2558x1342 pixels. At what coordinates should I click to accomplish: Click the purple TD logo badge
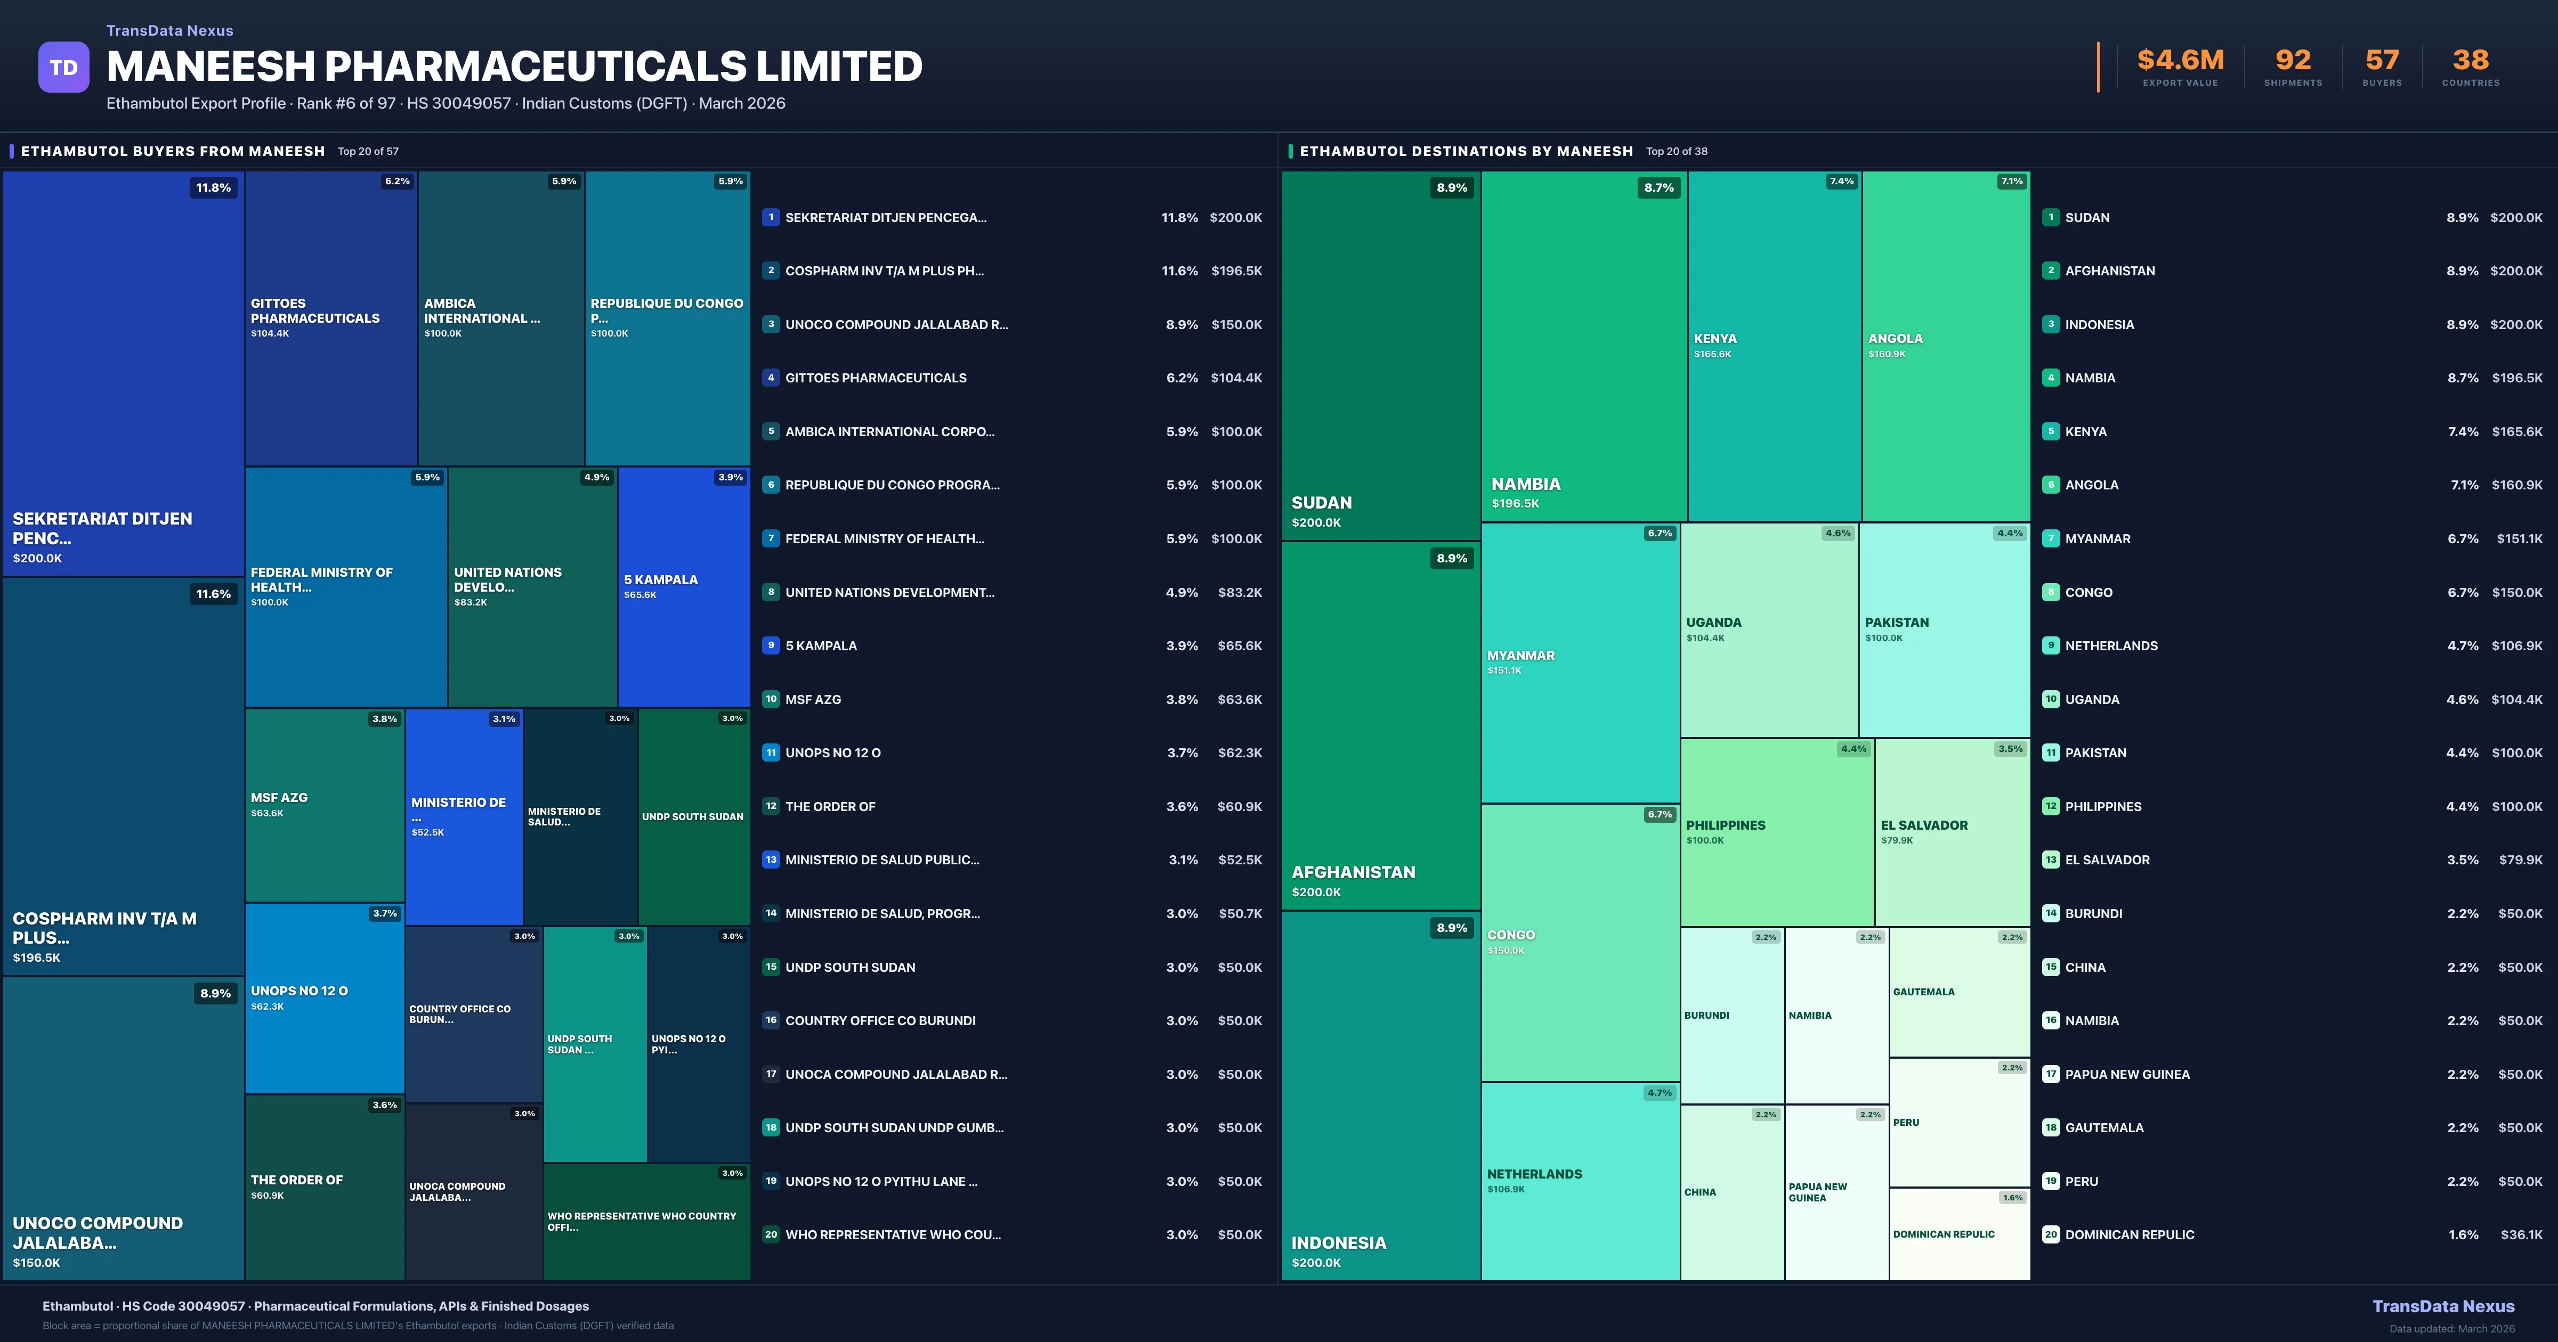pos(63,68)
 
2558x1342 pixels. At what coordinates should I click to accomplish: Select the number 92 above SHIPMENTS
pos(2293,61)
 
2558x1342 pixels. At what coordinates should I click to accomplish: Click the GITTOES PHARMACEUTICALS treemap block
pos(330,317)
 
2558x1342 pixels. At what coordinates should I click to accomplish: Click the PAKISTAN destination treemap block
pos(1944,629)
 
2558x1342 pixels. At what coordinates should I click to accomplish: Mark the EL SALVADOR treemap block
pos(1951,832)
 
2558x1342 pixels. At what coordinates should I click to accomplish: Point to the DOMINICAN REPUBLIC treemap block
pos(1958,1234)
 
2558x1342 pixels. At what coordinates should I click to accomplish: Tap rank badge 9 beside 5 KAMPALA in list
pos(771,645)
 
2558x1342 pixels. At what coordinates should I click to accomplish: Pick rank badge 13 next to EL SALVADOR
pos(2051,860)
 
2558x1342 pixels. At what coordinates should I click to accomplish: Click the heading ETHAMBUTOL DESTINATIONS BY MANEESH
pos(1466,151)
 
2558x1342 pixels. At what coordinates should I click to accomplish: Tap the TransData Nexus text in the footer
pos(2443,1306)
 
